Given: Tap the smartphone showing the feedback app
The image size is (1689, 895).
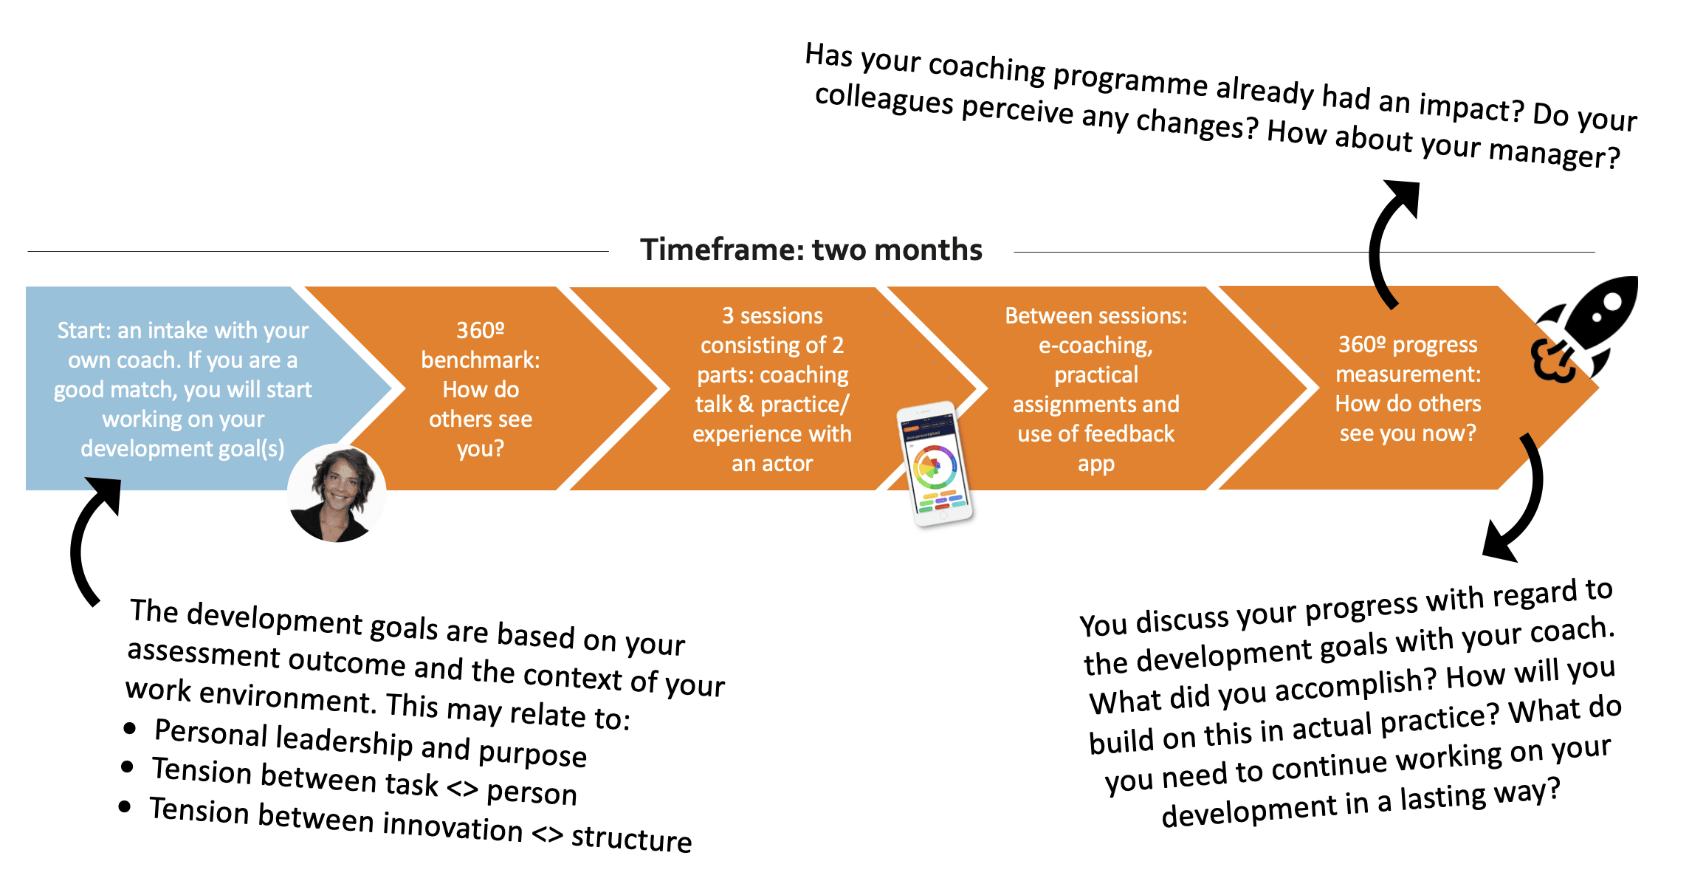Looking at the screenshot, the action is pyautogui.click(x=935, y=464).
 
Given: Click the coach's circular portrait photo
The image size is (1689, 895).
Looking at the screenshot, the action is pyautogui.click(x=337, y=493).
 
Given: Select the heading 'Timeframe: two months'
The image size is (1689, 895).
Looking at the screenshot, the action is pyautogui.click(x=811, y=250).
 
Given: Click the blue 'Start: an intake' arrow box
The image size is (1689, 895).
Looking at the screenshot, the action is pyautogui.click(x=192, y=388).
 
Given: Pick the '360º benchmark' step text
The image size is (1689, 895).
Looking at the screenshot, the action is pyautogui.click(x=481, y=389).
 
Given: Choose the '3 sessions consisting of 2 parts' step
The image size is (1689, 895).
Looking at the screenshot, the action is pyautogui.click(x=772, y=389).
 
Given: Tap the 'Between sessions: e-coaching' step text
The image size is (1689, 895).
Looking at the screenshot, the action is pyautogui.click(x=1096, y=389).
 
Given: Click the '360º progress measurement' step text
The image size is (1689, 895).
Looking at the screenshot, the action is pyautogui.click(x=1408, y=388).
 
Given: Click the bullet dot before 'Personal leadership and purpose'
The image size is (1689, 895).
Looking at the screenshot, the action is pyautogui.click(x=130, y=729).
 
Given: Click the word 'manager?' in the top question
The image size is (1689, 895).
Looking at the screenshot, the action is pyautogui.click(x=1554, y=154).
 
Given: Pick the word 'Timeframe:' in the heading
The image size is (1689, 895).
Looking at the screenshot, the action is pyautogui.click(x=722, y=250).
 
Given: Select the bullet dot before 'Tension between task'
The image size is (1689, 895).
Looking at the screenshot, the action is pyautogui.click(x=127, y=767).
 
